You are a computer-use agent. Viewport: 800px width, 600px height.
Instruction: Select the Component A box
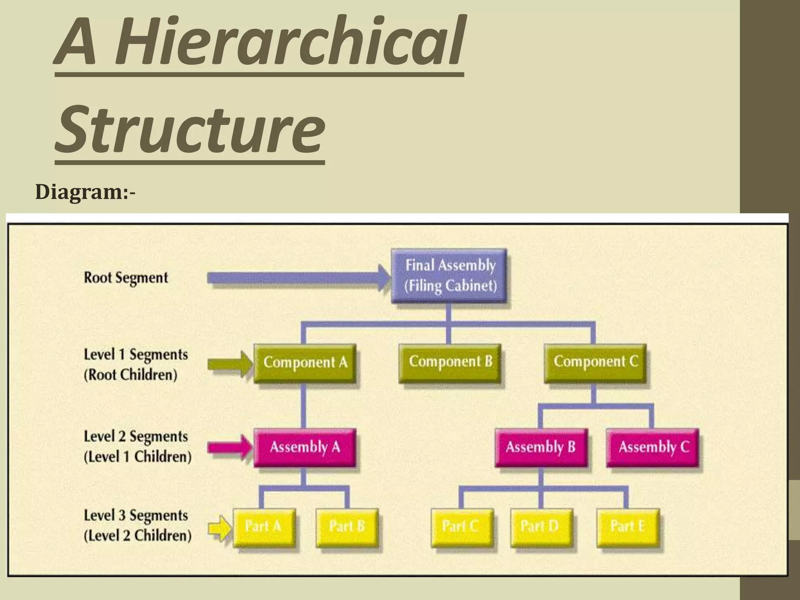pyautogui.click(x=305, y=362)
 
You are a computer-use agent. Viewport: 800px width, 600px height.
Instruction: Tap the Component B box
pyautogui.click(x=450, y=362)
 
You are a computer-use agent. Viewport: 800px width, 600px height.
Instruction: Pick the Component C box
pyautogui.click(x=595, y=362)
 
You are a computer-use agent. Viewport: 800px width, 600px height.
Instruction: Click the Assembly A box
pyautogui.click(x=305, y=447)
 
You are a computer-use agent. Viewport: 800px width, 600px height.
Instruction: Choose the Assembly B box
pyautogui.click(x=541, y=447)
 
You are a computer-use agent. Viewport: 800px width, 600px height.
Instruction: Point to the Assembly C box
pyautogui.click(x=653, y=447)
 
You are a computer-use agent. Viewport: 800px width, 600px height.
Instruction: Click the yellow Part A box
pyautogui.click(x=264, y=527)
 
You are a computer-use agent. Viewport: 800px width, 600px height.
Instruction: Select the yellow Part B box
pyautogui.click(x=346, y=527)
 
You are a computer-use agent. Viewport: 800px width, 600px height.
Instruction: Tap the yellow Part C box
pyautogui.click(x=462, y=527)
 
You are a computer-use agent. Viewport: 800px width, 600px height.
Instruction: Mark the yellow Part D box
pyautogui.click(x=541, y=527)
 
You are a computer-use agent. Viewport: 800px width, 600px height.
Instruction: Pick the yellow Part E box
pyautogui.click(x=628, y=527)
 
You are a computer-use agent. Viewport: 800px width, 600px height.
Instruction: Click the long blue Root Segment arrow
pyautogui.click(x=297, y=278)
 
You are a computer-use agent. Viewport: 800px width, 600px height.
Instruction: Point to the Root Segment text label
pyautogui.click(x=126, y=278)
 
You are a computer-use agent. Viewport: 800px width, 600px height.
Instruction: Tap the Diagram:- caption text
pyautogui.click(x=85, y=193)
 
